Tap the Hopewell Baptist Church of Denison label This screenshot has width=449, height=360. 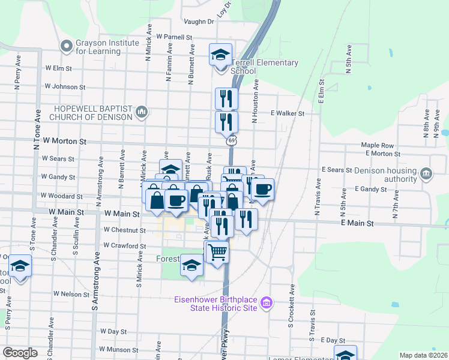[x=92, y=112]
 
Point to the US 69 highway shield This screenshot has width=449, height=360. [x=231, y=141]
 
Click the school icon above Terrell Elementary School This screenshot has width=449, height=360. [x=220, y=55]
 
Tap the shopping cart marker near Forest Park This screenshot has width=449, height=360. [x=217, y=252]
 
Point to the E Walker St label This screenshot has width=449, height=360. [x=288, y=113]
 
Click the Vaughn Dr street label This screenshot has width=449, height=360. [x=199, y=22]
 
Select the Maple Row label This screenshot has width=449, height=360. [x=377, y=145]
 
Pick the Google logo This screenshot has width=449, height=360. [x=20, y=353]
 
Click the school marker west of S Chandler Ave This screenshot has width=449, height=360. [x=20, y=266]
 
